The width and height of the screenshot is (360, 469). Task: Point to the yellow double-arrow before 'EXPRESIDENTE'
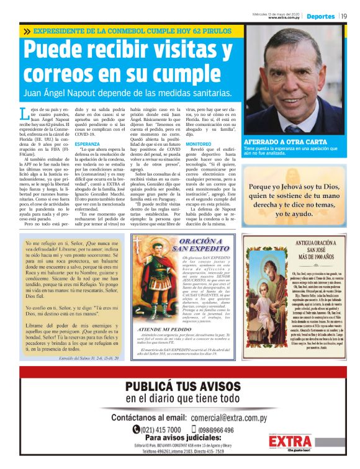tap(27, 30)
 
